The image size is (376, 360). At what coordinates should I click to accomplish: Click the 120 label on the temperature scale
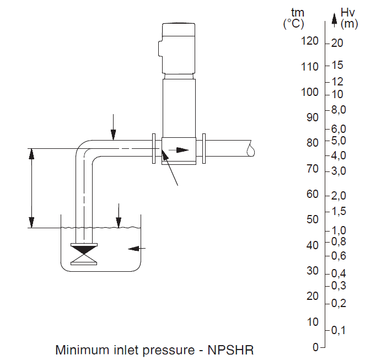(310, 41)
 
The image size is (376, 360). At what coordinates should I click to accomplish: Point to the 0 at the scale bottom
(315, 347)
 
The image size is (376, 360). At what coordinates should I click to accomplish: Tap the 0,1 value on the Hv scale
(339, 330)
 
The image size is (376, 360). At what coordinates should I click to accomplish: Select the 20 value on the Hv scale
(337, 43)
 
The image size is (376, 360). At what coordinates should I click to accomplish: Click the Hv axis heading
(347, 13)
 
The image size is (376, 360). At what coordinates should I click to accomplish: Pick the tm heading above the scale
(298, 13)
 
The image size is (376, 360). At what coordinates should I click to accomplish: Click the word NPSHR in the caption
(230, 350)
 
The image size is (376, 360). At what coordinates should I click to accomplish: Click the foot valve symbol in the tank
(84, 254)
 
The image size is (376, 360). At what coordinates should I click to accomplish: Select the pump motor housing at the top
(179, 48)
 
